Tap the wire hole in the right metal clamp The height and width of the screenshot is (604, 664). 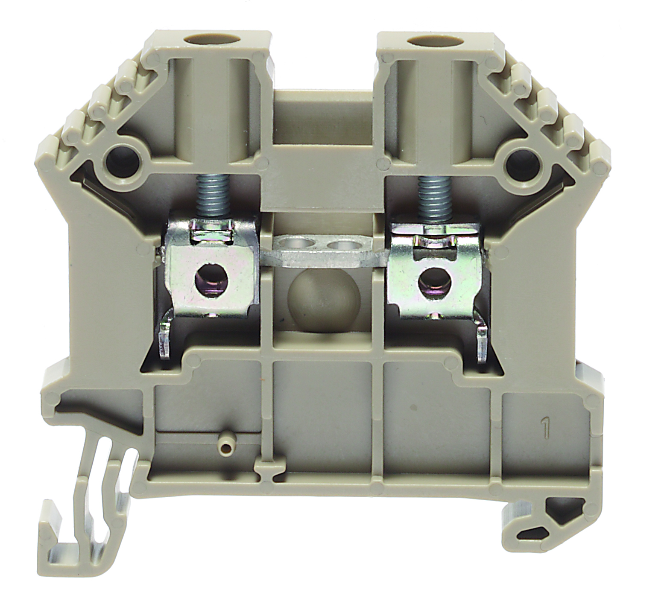431,281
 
